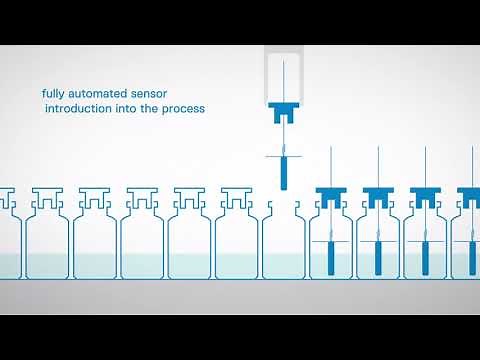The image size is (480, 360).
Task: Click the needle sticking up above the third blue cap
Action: click(x=424, y=165)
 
